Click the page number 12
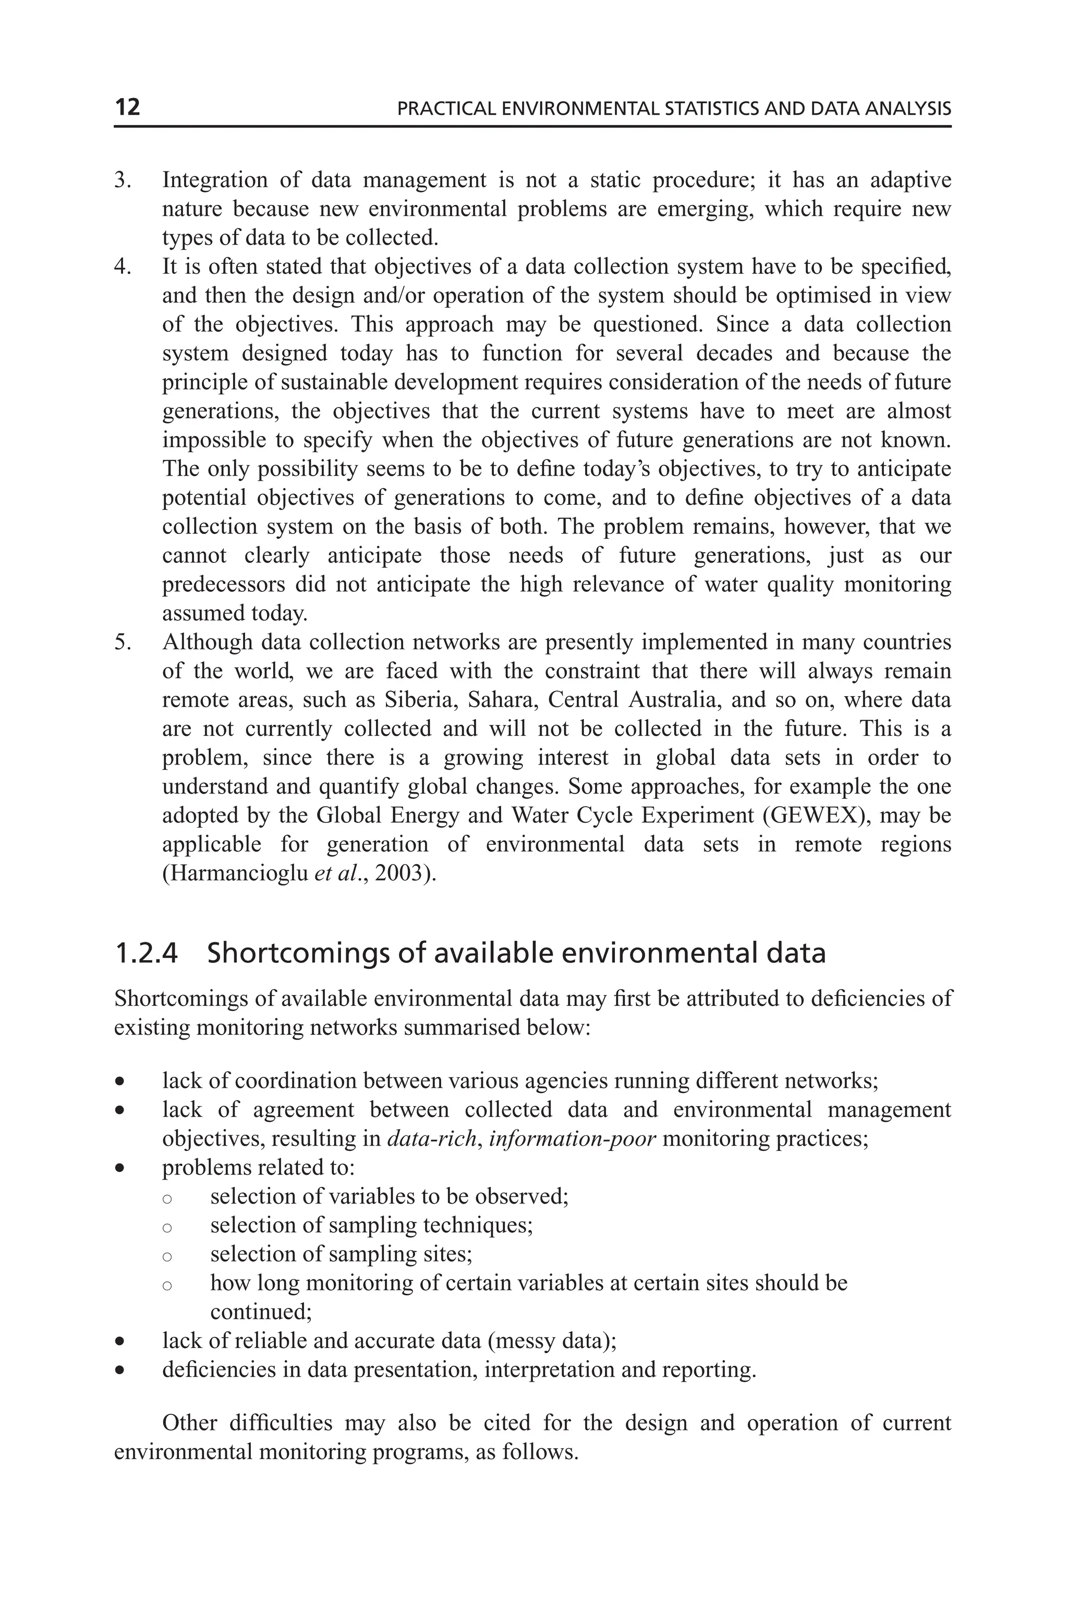tap(127, 107)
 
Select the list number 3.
tap(122, 180)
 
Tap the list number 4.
tap(122, 267)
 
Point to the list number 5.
tap(122, 642)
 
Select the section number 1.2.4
tap(147, 953)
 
